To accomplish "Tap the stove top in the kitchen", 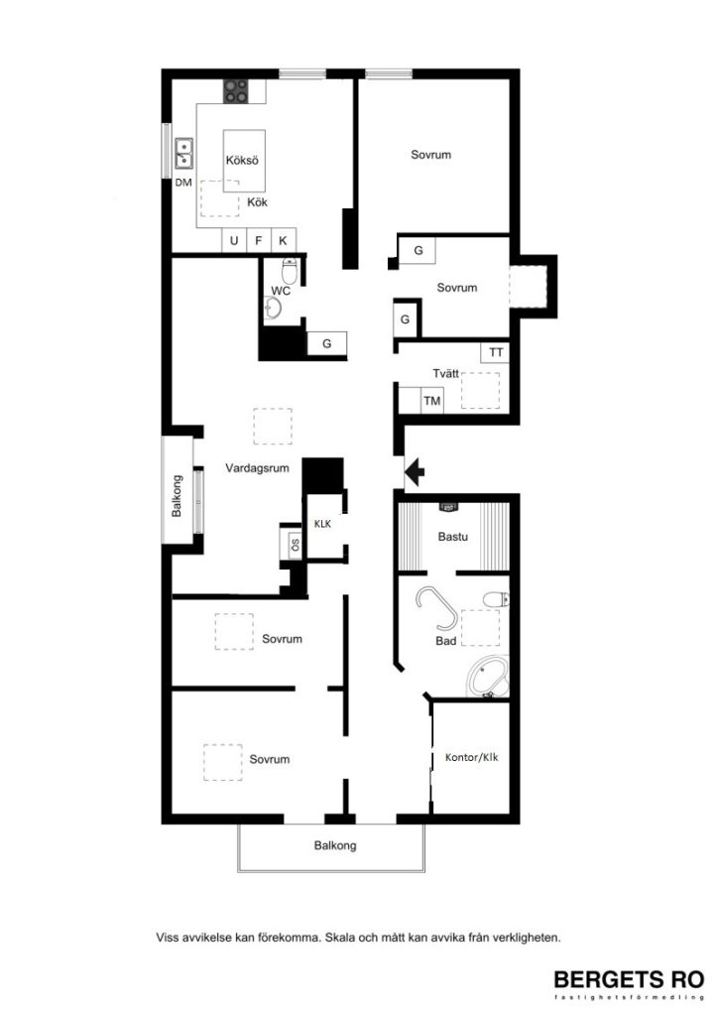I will click(236, 92).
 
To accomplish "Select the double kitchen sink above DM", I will click(184, 154).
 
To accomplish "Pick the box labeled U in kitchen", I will click(234, 240).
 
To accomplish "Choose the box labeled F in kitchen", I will click(259, 240).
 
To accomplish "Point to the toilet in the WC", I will click(290, 270).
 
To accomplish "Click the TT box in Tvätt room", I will click(496, 352).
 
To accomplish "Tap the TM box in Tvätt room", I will click(432, 401).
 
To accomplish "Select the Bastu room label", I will click(452, 537).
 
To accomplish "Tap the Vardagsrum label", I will click(257, 468).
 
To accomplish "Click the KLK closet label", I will click(322, 523).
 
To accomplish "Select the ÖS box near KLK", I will click(295, 544).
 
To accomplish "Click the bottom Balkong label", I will click(335, 846).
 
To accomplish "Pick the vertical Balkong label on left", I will click(178, 496).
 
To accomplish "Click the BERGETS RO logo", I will click(628, 979).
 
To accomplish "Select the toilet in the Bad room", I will click(494, 598).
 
